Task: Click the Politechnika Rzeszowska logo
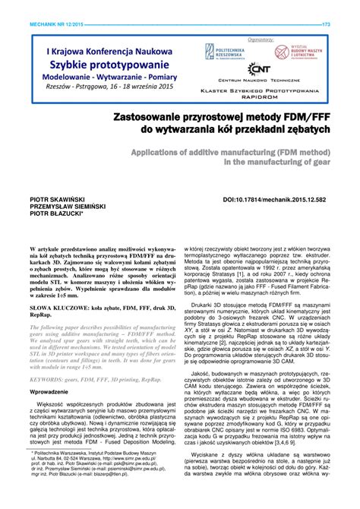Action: (221, 52)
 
